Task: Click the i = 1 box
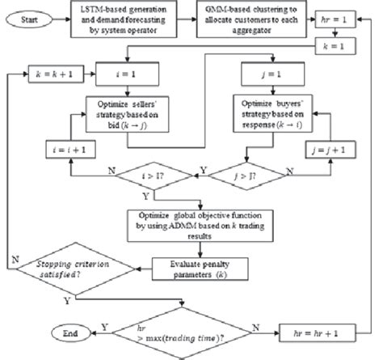tap(135, 73)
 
